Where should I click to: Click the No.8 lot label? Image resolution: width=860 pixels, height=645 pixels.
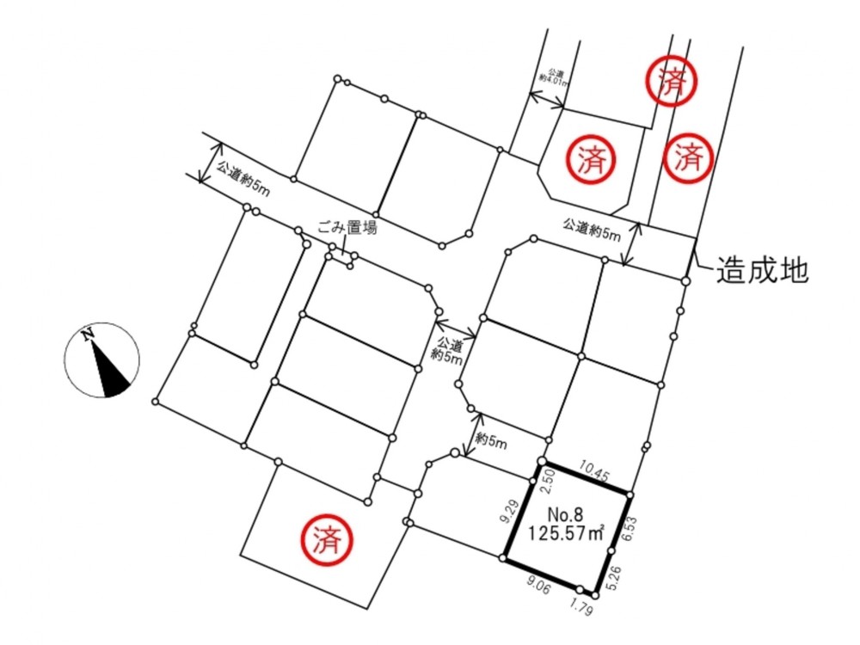point(566,514)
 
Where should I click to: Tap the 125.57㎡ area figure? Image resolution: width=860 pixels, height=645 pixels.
point(567,532)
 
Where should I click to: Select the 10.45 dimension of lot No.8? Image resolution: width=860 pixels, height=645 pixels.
point(593,471)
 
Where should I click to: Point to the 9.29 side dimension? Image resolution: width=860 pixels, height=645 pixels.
point(509,510)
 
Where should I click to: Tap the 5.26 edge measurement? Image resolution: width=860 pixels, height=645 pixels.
point(615,579)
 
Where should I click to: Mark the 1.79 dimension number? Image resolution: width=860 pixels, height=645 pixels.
point(580,606)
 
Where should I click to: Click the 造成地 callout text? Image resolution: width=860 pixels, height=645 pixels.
point(762,270)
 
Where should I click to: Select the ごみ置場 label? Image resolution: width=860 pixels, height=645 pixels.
point(347,227)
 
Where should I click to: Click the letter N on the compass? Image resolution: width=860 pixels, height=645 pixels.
point(87,335)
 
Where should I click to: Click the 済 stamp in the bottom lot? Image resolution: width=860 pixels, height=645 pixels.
point(326,540)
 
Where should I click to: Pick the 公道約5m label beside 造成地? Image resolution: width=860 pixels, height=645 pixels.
point(592,230)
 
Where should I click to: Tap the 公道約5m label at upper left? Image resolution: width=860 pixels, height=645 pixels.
point(243,179)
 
